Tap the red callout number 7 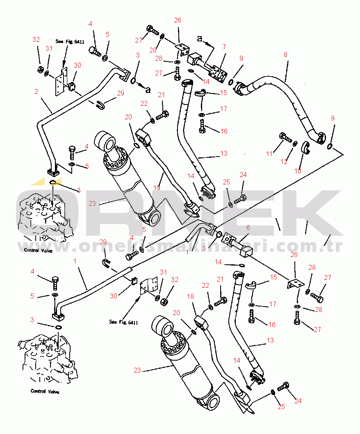pos(224,47)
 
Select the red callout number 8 pos(285,55)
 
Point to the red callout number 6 pos(248,228)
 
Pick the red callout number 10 pos(298,170)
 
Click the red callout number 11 pos(269,154)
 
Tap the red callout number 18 pos(191,296)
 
